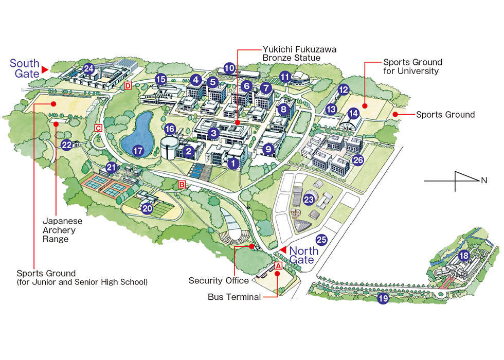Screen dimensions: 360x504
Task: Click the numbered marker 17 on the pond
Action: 137,151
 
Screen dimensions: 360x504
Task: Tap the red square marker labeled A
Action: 278,266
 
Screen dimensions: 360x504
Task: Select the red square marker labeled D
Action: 128,85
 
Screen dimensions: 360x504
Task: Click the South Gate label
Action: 25,68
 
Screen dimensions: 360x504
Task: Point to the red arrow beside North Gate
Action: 282,249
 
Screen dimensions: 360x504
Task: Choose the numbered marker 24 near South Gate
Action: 89,68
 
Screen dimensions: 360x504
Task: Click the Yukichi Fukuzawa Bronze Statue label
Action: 300,53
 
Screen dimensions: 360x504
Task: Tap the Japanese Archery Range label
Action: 59,229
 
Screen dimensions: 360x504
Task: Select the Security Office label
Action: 219,280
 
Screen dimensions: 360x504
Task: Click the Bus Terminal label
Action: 234,297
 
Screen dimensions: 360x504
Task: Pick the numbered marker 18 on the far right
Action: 464,256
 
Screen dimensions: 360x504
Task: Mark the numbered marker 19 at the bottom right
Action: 383,298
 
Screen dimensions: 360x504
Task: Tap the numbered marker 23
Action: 309,199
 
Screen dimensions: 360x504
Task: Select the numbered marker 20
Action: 148,208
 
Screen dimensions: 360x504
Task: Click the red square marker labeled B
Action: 181,184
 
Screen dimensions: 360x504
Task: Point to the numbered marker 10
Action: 229,67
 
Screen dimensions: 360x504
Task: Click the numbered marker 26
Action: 358,160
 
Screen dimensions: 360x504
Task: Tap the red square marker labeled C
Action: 98,128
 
